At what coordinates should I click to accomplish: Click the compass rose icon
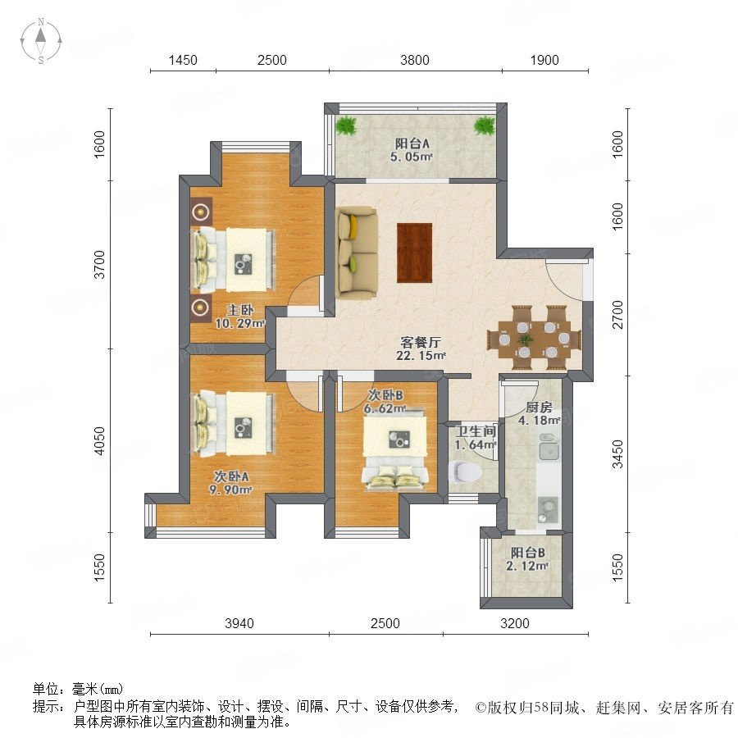coord(41,41)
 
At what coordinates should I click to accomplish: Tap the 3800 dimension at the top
coord(415,60)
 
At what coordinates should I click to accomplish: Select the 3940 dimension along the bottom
coord(239,623)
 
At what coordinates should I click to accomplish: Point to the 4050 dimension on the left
coord(100,441)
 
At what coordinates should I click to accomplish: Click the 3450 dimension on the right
coord(617,454)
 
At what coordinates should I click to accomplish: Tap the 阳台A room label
coord(412,143)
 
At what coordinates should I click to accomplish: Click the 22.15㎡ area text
coord(421,355)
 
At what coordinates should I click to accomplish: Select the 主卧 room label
coord(240,310)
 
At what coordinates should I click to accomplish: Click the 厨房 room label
coord(539,407)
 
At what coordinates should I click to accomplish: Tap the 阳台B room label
coord(527,552)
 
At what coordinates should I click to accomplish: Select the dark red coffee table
coord(415,253)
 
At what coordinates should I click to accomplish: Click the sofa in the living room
coord(357,253)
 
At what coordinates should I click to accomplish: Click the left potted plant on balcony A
coord(346,125)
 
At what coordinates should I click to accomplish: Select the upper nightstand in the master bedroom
coord(202,212)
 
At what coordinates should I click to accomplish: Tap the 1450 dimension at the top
coord(183,60)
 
